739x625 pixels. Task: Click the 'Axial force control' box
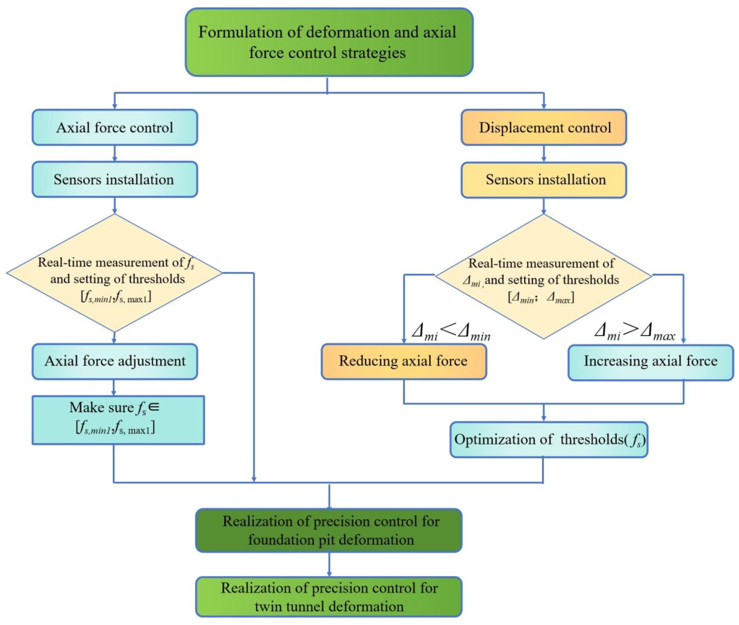tap(115, 127)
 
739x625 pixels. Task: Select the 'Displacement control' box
tap(544, 127)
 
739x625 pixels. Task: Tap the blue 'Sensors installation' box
tap(115, 179)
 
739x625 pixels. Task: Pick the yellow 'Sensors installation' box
tap(544, 180)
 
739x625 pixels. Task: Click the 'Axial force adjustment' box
tap(115, 361)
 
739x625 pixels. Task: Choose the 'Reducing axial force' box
tap(404, 361)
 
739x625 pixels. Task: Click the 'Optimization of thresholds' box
tap(549, 439)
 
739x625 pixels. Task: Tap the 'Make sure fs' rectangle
tap(118, 420)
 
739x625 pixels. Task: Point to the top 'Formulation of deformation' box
tap(329, 42)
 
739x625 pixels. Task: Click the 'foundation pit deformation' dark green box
tap(329, 530)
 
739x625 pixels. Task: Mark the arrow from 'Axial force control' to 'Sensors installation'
tap(114, 153)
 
